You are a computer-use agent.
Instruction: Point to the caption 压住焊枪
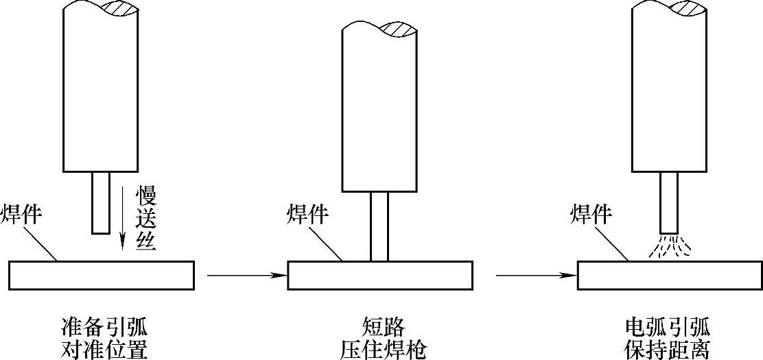[383, 349]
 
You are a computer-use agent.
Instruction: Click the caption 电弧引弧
[668, 325]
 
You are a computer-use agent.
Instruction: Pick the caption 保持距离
[668, 349]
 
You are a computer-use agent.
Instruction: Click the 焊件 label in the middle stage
[307, 215]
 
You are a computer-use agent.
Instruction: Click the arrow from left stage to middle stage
[246, 276]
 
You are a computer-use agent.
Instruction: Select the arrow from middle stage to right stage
[536, 276]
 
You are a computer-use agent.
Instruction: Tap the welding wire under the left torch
[101, 202]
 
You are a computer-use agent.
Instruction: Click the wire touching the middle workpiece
[379, 226]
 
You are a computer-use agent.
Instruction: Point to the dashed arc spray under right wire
[669, 247]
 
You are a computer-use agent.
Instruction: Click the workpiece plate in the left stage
[102, 275]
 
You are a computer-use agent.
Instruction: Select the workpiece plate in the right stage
[669, 275]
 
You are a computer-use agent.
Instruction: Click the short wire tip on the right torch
[669, 202]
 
